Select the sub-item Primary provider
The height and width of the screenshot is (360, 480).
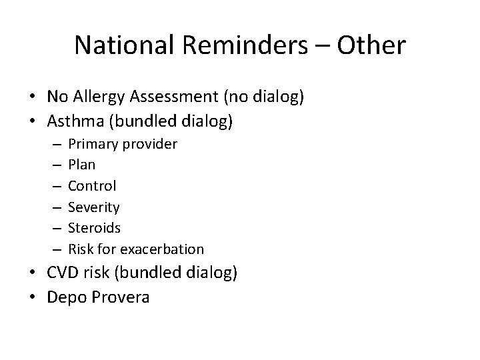pos(123,144)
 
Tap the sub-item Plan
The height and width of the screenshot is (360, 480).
pos(82,165)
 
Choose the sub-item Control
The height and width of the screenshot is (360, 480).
pos(92,186)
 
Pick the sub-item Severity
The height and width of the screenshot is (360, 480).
pos(94,207)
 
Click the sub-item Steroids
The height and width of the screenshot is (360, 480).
pos(95,228)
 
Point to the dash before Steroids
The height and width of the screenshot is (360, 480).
pos(55,228)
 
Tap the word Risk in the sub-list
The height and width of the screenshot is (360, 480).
pos(80,249)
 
